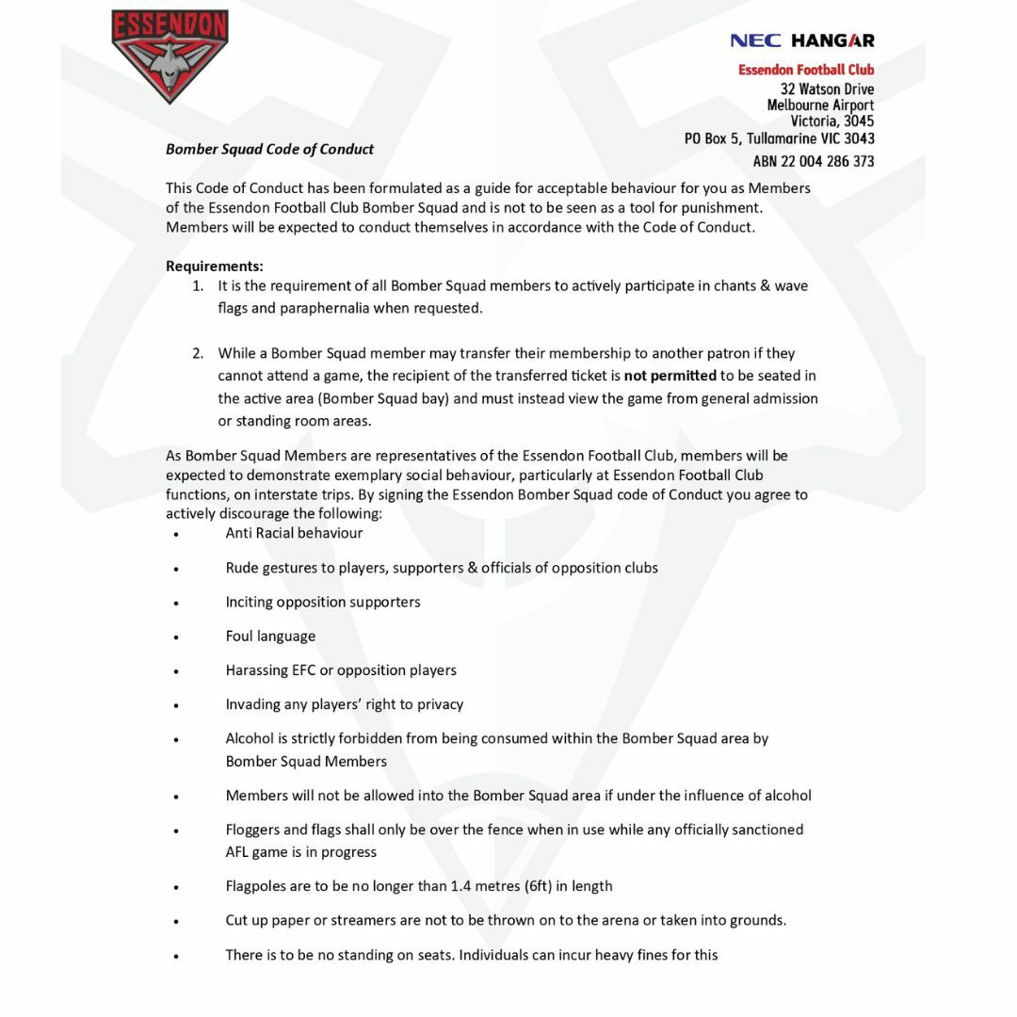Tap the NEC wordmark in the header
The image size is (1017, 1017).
755,40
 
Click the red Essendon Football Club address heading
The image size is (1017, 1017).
805,70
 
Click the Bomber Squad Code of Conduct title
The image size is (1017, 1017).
269,149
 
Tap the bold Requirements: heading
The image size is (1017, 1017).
215,266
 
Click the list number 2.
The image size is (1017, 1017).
198,353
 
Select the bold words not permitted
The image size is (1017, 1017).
670,376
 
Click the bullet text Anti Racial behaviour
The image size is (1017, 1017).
294,533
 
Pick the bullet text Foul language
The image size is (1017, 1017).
270,636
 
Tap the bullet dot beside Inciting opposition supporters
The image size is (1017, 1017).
176,604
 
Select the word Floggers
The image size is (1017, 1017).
252,830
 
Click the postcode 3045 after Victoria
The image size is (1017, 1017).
858,121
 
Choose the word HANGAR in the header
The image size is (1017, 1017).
832,40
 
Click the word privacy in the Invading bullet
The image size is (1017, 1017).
440,704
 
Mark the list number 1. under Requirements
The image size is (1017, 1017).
198,285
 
